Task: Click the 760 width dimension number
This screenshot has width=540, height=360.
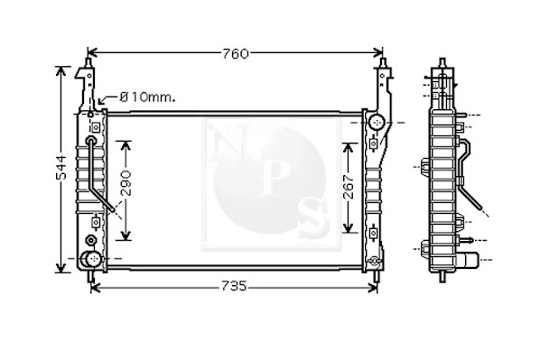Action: tap(236, 54)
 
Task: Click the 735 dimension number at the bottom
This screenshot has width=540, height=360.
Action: tap(234, 286)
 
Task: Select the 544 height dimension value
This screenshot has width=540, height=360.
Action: tap(61, 168)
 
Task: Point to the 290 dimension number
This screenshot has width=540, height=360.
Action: tap(126, 183)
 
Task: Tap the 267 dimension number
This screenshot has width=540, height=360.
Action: tap(349, 187)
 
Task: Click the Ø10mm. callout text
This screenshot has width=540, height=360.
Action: tap(148, 97)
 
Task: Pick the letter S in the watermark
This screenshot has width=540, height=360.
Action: tap(313, 217)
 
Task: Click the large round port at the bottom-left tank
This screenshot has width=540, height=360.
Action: tap(91, 259)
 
